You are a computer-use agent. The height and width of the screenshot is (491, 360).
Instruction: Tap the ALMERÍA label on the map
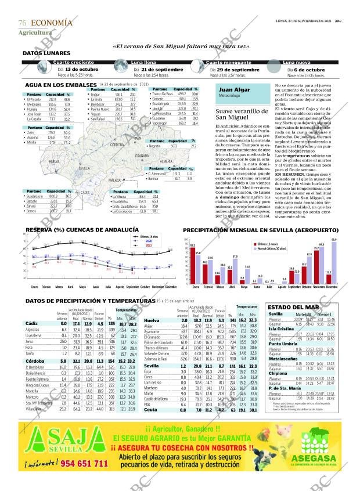pyautogui.click(x=167, y=161)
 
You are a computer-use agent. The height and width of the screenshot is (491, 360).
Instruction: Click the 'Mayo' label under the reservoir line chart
pyautogui.click(x=82, y=287)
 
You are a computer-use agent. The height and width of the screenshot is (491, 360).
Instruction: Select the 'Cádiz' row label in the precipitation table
pyautogui.click(x=33, y=323)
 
